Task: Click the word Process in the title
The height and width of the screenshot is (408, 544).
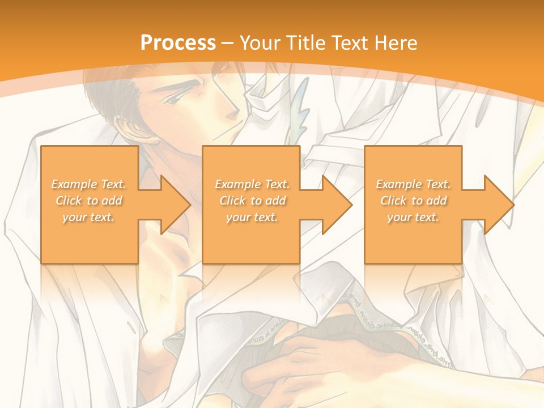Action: pyautogui.click(x=178, y=42)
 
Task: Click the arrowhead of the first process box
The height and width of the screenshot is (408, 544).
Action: pyautogui.click(x=173, y=204)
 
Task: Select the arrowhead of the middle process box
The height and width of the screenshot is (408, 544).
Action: pyautogui.click(x=334, y=204)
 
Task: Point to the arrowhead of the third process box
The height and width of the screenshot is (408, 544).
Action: pyautogui.click(x=496, y=204)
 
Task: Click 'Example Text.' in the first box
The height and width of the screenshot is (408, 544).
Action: pyautogui.click(x=89, y=184)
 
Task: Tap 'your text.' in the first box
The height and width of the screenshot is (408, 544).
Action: pyautogui.click(x=89, y=217)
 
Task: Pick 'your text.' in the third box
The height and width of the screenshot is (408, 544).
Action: pyautogui.click(x=413, y=217)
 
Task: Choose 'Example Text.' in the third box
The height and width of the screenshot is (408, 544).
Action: pyautogui.click(x=413, y=184)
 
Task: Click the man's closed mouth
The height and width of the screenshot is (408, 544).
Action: pyautogui.click(x=225, y=134)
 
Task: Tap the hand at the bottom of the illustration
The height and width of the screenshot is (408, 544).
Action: pyautogui.click(x=295, y=363)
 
